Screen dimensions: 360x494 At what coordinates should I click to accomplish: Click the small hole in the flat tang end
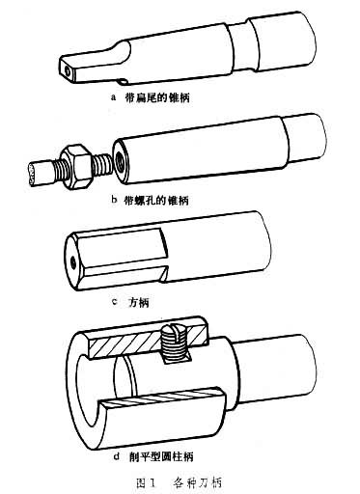point(68,71)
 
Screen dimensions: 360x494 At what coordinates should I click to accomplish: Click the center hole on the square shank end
point(73,263)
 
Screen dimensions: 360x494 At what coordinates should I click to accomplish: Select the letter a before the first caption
point(113,97)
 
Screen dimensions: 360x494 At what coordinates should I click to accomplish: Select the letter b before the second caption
point(114,200)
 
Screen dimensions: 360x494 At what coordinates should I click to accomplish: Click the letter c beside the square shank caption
point(114,302)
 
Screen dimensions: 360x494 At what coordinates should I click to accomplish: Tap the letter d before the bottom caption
point(117,455)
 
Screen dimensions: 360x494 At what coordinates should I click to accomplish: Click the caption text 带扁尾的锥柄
point(157,97)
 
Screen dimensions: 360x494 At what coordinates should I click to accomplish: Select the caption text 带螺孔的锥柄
point(156,200)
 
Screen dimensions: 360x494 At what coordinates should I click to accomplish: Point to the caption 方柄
point(139,302)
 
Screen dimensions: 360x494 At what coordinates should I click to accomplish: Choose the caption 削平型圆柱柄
point(161,456)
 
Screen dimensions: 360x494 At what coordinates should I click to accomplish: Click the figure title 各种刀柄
point(198,482)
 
